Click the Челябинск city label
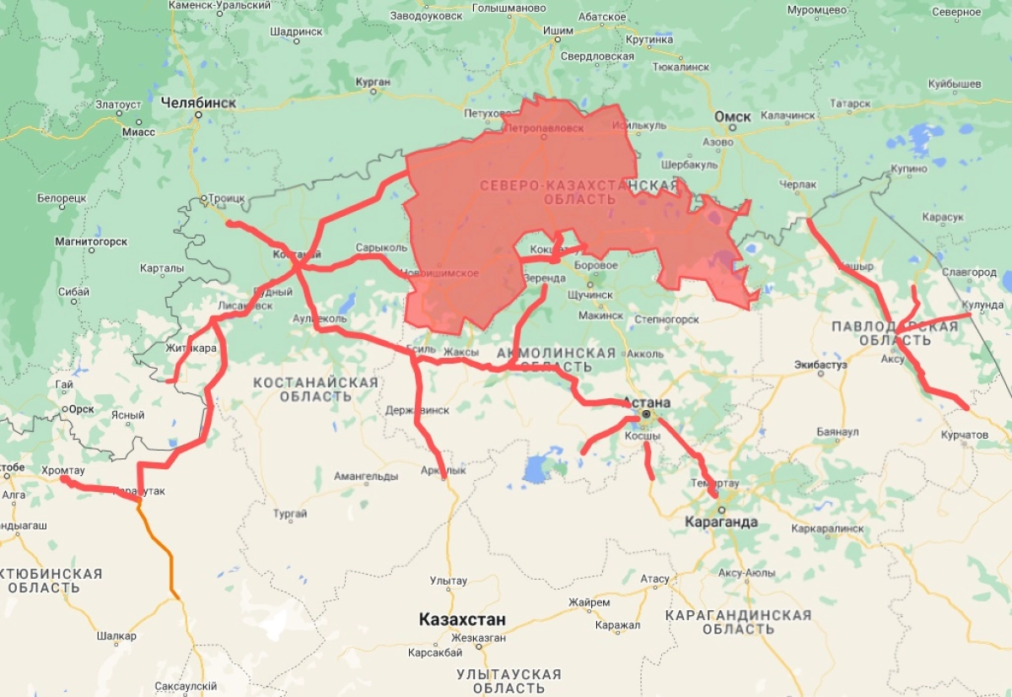pyautogui.click(x=198, y=102)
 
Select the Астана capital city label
pyautogui.click(x=647, y=403)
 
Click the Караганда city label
pyautogui.click(x=722, y=522)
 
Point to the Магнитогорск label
pyautogui.click(x=91, y=241)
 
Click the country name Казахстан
pyautogui.click(x=462, y=620)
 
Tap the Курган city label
pyautogui.click(x=373, y=82)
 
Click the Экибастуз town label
pyautogui.click(x=820, y=365)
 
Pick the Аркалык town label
pyautogui.click(x=443, y=470)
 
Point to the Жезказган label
pyautogui.click(x=478, y=638)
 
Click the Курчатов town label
pyautogui.click(x=964, y=435)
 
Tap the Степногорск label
pyautogui.click(x=667, y=320)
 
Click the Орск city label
pyautogui.click(x=82, y=409)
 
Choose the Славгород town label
pyautogui.click(x=969, y=273)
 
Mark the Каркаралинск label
pyautogui.click(x=827, y=528)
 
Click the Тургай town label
pyautogui.click(x=290, y=513)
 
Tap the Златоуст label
pyautogui.click(x=118, y=105)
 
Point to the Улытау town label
pyautogui.click(x=448, y=581)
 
